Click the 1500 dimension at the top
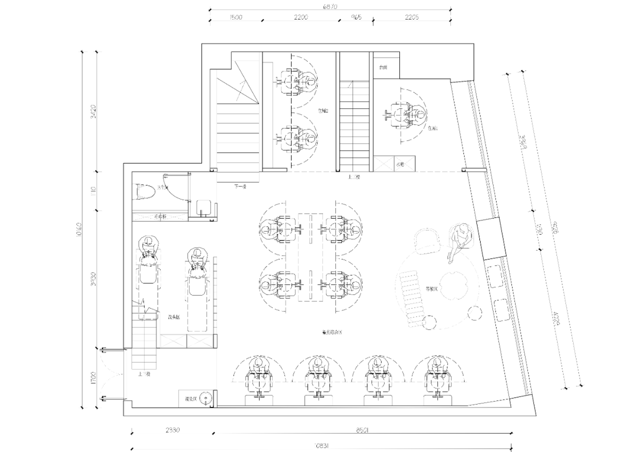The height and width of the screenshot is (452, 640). pyautogui.click(x=235, y=18)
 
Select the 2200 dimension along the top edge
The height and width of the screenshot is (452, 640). pyautogui.click(x=301, y=18)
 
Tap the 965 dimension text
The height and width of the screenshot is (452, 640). pyautogui.click(x=356, y=18)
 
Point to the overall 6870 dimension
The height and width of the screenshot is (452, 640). pyautogui.click(x=330, y=7)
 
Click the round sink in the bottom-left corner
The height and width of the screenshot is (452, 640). pyautogui.click(x=205, y=397)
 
